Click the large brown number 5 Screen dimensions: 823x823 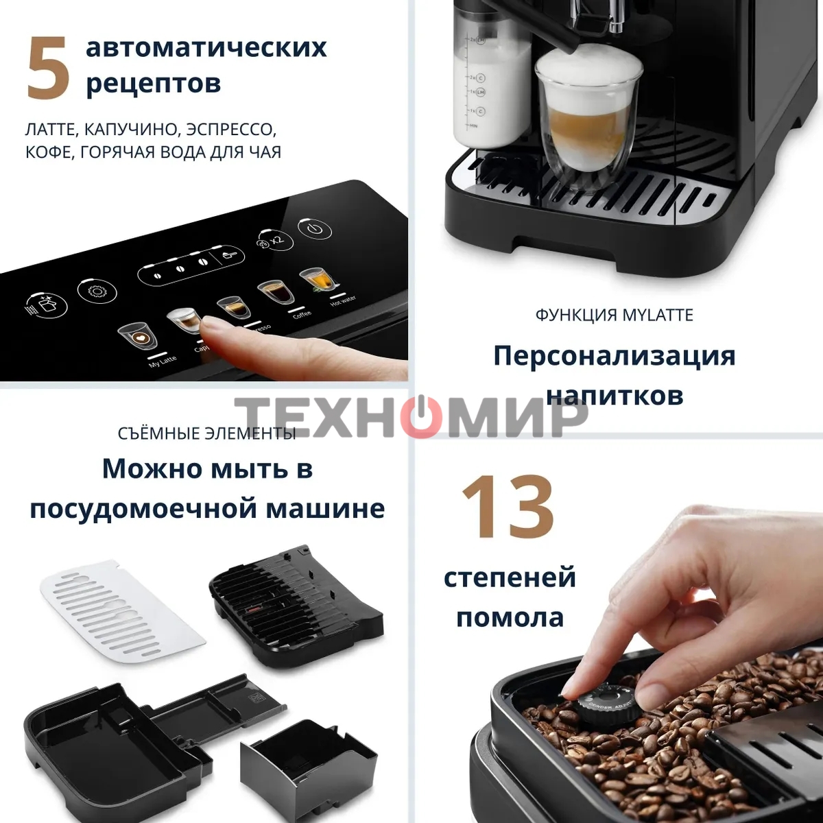[x=49, y=68]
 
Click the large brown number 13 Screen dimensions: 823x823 [x=508, y=507]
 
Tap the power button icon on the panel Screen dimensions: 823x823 [x=315, y=229]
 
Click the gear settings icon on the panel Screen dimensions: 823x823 [x=93, y=291]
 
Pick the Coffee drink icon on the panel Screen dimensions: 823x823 [x=274, y=294]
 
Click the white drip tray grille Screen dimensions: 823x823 [x=123, y=607]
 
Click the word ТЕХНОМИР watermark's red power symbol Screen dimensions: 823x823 [x=420, y=417]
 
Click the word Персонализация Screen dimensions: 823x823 [x=614, y=356]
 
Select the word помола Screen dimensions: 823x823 [x=510, y=617]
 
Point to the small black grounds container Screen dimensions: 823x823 [x=308, y=761]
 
